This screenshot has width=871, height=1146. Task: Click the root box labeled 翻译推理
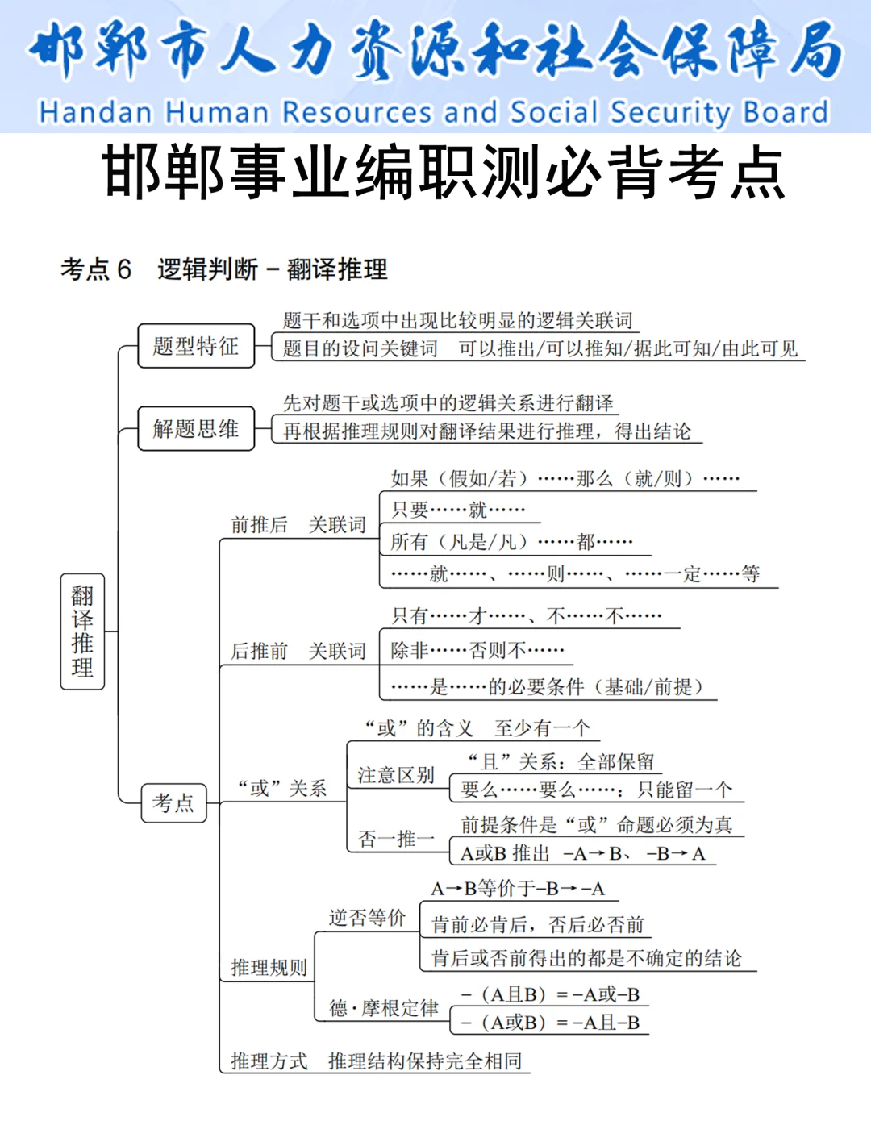click(x=82, y=631)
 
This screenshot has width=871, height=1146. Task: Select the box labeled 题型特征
click(x=196, y=346)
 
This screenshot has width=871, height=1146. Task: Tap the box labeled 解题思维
click(x=196, y=428)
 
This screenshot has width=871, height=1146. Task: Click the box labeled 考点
click(x=173, y=802)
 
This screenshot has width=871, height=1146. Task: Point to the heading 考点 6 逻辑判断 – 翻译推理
click(x=224, y=269)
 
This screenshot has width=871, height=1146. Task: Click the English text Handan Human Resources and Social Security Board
click(x=434, y=113)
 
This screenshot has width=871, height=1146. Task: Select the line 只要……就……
click(x=458, y=510)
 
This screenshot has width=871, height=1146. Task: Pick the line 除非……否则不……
click(x=477, y=650)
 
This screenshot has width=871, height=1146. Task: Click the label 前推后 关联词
click(x=298, y=525)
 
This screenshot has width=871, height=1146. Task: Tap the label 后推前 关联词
click(x=298, y=651)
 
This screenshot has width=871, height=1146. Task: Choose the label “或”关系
click(x=282, y=788)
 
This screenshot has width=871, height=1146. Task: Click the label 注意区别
click(x=396, y=776)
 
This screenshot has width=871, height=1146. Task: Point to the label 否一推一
click(x=396, y=839)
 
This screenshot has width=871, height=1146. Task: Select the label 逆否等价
click(x=367, y=918)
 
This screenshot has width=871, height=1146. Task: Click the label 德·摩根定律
click(x=384, y=1008)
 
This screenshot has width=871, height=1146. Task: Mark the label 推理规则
click(x=269, y=968)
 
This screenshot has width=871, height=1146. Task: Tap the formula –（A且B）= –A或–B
click(x=550, y=994)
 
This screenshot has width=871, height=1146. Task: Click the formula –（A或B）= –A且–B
click(x=550, y=1023)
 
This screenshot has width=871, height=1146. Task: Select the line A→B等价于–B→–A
click(x=517, y=889)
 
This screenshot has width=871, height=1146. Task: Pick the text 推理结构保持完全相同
click(x=425, y=1061)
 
